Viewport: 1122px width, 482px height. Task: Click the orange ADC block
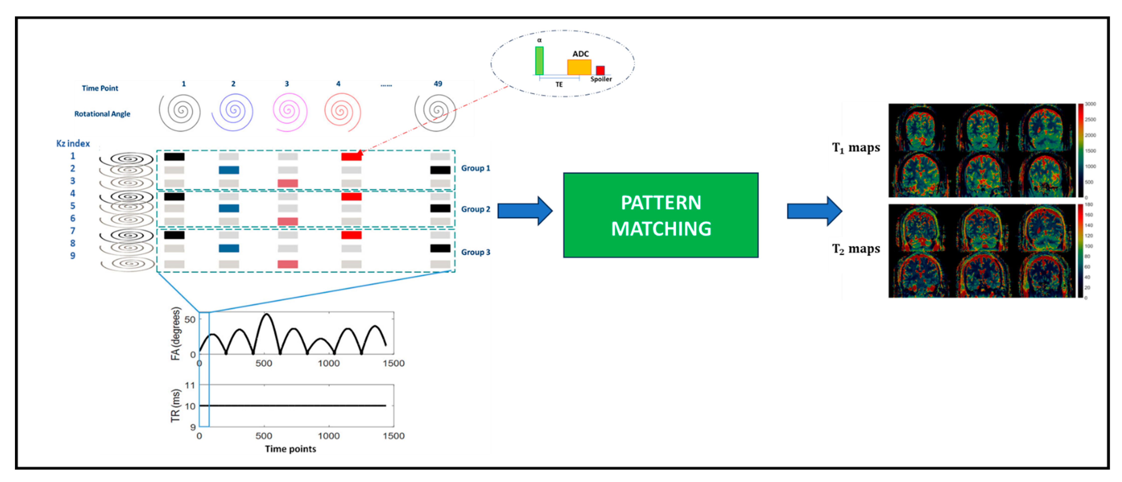coord(579,67)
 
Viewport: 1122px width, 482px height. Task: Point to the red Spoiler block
coord(600,70)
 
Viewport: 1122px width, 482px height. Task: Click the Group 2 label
coord(475,209)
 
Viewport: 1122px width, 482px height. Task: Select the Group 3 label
coord(475,252)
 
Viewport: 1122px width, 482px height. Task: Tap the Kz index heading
coord(73,143)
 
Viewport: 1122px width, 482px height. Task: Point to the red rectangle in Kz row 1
coord(351,156)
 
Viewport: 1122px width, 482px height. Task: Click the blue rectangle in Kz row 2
coord(229,170)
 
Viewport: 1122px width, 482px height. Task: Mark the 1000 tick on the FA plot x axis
coord(328,363)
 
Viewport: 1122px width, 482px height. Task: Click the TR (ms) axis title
coord(175,405)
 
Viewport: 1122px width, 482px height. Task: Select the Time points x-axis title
coord(291,449)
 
